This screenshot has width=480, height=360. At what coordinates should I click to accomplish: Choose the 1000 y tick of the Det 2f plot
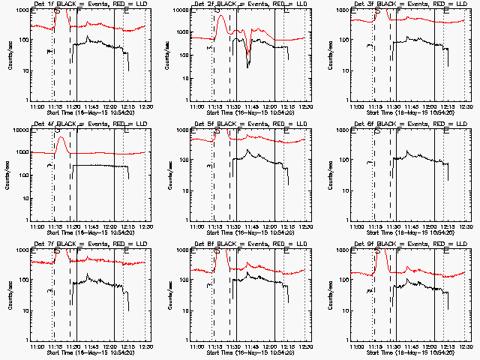181,11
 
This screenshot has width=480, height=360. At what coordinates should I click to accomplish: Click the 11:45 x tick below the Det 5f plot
251,226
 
